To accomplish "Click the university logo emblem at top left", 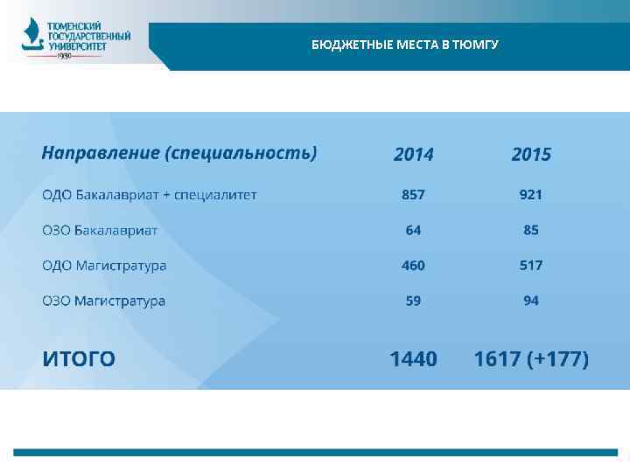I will click(31, 37).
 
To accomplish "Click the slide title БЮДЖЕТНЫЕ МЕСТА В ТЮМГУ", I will click(404, 45).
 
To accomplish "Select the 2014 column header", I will click(413, 155).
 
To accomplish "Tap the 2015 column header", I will click(531, 155).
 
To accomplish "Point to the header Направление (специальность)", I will click(179, 153).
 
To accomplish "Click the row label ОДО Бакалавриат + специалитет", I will click(150, 194).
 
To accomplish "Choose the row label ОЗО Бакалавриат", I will click(100, 230).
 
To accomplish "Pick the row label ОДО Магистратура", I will click(104, 265).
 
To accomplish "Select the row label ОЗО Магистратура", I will click(104, 301).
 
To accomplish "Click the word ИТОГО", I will click(80, 358).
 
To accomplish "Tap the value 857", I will click(413, 194).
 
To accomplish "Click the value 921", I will click(531, 194).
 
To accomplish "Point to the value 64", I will click(413, 230).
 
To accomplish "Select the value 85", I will click(531, 230).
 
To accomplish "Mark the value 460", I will click(413, 265).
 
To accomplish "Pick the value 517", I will click(531, 265).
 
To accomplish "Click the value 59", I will click(413, 301).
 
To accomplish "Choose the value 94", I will click(531, 301).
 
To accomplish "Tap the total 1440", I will click(413, 358).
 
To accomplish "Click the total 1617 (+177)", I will click(531, 358).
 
